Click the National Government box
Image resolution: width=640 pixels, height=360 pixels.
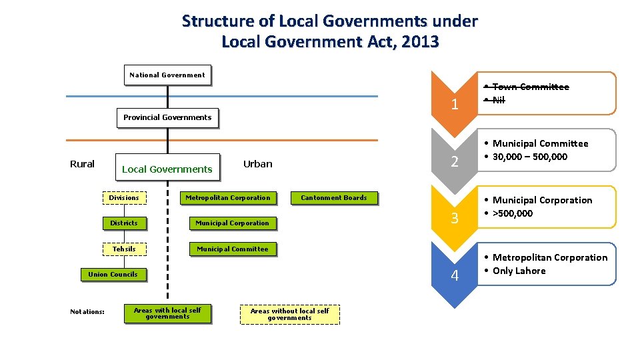(167, 75)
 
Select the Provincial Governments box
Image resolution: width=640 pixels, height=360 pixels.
(167, 117)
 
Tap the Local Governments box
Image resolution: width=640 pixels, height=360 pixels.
(167, 169)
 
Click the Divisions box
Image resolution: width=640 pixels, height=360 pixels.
(124, 197)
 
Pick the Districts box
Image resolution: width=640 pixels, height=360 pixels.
(124, 223)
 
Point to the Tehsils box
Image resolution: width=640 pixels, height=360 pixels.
(124, 249)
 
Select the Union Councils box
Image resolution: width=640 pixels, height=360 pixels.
(113, 274)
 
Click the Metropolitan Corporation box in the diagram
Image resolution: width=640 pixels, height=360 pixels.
(228, 197)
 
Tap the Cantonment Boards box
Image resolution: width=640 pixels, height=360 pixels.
(334, 197)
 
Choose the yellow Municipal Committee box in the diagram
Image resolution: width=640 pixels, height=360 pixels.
(232, 249)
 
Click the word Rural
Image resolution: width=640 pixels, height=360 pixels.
(83, 164)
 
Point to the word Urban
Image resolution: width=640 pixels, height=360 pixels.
(258, 164)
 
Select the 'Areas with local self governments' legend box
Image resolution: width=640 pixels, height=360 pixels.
(167, 313)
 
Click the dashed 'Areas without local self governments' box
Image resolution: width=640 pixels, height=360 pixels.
(289, 314)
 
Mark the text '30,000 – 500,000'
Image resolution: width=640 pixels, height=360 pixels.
(530, 157)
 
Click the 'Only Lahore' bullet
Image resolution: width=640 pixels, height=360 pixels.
(519, 271)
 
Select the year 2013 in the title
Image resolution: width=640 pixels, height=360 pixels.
(421, 41)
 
